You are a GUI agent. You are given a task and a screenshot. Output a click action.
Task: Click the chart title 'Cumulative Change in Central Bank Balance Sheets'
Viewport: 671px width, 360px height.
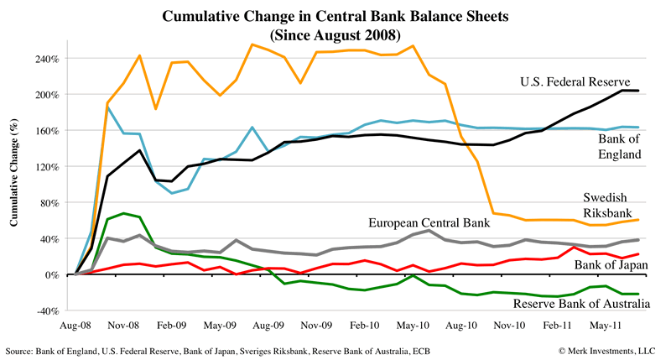tap(336, 16)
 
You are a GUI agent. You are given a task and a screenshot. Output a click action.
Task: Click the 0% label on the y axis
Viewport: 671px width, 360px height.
tap(53, 274)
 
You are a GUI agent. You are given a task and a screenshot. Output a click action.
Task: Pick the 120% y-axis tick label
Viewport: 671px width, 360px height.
tap(46, 167)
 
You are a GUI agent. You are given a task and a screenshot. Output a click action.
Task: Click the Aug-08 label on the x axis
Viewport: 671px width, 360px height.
tap(76, 321)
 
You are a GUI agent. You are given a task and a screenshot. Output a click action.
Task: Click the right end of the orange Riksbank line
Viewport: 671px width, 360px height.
tap(639, 220)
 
